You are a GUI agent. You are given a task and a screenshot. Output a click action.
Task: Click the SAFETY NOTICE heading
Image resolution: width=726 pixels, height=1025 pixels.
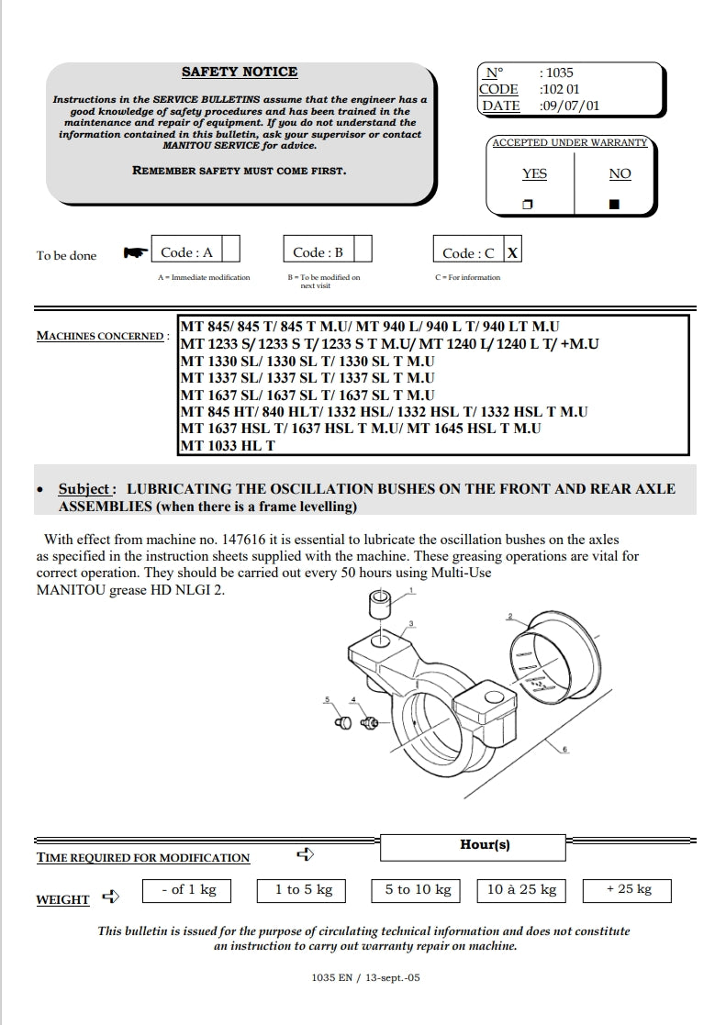click(240, 72)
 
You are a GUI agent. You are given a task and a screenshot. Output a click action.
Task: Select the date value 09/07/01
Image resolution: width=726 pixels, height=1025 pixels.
click(569, 106)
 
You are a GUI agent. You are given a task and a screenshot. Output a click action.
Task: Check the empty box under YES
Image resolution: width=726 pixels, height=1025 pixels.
click(528, 204)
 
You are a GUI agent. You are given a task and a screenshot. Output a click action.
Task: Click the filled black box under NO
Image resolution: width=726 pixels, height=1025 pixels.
click(614, 204)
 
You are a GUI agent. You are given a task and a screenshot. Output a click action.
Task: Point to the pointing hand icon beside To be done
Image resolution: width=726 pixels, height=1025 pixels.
click(135, 252)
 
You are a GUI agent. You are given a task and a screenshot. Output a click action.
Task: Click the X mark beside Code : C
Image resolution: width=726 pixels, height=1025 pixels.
click(512, 252)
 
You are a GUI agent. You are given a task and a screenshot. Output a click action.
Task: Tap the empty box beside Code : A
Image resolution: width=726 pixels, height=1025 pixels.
click(230, 251)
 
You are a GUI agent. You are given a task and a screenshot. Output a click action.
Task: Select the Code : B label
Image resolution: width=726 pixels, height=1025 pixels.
click(318, 252)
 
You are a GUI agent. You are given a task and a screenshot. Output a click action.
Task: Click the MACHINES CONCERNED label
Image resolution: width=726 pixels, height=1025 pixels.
click(99, 336)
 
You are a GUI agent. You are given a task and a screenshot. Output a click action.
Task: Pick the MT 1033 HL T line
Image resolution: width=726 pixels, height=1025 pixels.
click(228, 446)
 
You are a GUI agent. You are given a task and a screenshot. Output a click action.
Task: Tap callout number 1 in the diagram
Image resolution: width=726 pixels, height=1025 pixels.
click(412, 592)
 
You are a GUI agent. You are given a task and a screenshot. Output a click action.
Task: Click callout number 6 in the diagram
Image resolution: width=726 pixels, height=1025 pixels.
click(564, 750)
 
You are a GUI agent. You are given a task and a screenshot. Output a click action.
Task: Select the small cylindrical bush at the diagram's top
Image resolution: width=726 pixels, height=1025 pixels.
click(381, 606)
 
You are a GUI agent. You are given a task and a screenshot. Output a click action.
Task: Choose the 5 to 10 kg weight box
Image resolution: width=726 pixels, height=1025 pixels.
click(419, 890)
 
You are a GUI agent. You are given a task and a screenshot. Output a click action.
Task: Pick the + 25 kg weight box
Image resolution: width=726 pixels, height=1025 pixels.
click(628, 890)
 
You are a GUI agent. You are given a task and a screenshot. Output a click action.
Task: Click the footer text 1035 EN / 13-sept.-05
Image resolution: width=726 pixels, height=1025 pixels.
click(365, 978)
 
